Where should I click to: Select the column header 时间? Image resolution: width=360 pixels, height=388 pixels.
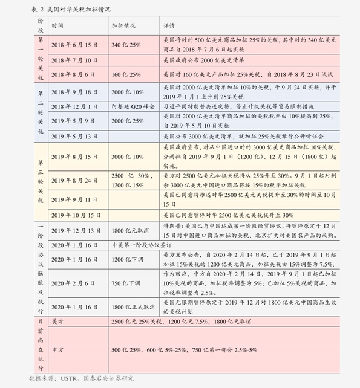[57, 27]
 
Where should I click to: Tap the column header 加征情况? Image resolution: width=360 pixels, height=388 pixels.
[123, 27]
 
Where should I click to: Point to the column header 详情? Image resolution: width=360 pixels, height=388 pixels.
[170, 27]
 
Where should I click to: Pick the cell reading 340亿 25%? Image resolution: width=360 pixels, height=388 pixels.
[126, 45]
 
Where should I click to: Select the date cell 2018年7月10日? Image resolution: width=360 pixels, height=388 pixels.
[74, 61]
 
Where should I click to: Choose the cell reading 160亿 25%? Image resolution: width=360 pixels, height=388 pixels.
[126, 74]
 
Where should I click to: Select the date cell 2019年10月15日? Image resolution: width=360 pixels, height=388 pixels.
[76, 215]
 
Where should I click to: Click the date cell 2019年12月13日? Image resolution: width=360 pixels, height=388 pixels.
[76, 231]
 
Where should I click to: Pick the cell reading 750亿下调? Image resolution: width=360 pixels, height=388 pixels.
[126, 283]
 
